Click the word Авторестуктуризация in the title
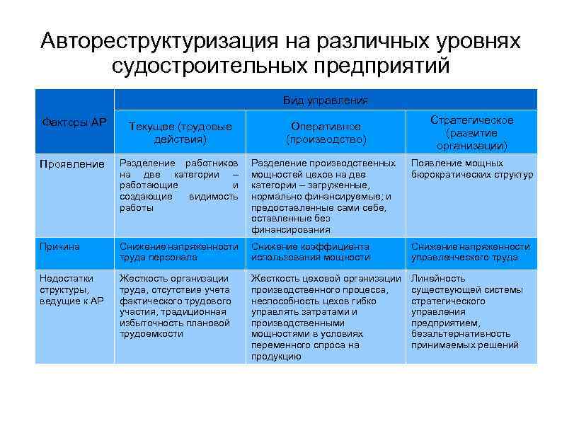click(154, 40)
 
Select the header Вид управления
click(325, 100)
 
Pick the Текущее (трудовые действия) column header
click(180, 132)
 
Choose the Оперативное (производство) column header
click(326, 132)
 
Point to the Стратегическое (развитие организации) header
click(471, 132)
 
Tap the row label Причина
click(59, 246)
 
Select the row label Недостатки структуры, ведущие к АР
click(71, 289)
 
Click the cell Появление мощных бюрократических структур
click(471, 169)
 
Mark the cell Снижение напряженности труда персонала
click(178, 252)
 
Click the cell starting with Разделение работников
click(178, 185)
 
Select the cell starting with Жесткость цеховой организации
click(325, 317)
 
